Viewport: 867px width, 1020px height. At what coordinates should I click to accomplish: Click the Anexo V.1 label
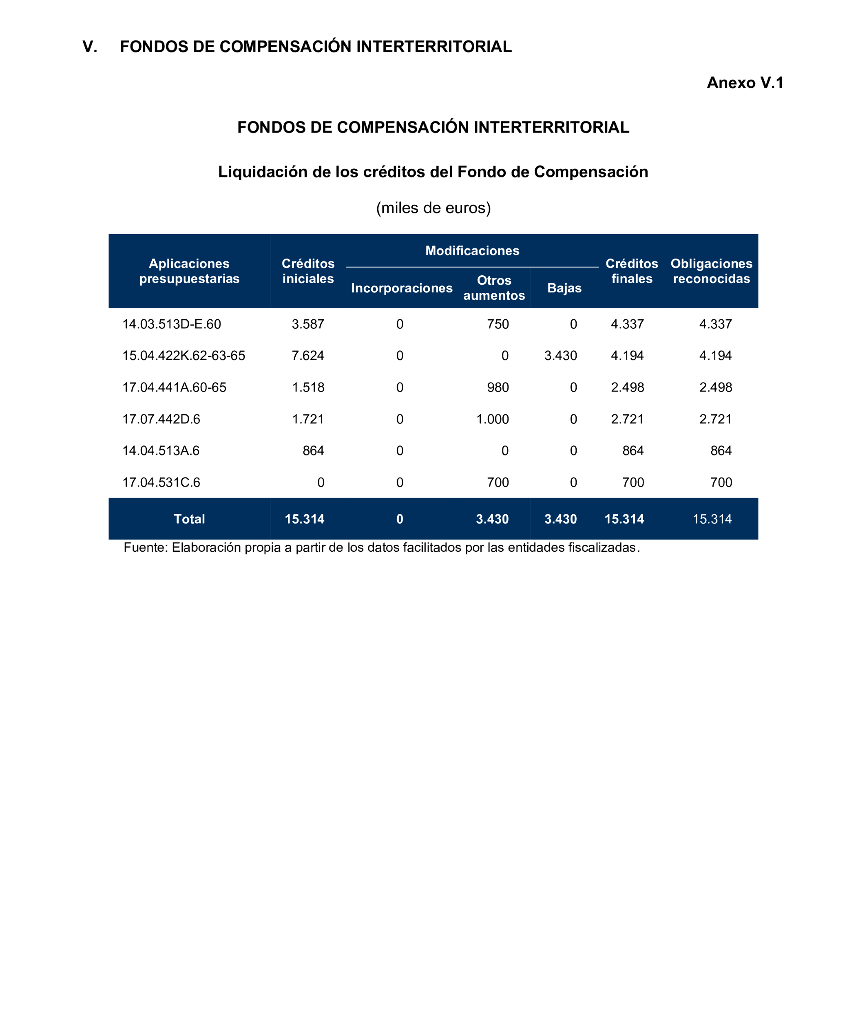744,82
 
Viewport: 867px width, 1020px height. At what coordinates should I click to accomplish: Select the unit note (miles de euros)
433,208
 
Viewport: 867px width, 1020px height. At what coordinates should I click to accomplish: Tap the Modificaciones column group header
472,251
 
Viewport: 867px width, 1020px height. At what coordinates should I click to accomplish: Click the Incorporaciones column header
402,288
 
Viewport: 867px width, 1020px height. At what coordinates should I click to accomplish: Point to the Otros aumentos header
494,288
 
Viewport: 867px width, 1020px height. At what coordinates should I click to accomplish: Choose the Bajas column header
564,288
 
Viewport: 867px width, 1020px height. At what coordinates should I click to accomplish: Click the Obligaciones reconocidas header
711,271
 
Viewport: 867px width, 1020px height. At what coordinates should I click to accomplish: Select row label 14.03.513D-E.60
172,324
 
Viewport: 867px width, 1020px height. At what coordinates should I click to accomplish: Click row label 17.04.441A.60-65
174,387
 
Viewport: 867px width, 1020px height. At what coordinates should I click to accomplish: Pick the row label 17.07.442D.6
161,419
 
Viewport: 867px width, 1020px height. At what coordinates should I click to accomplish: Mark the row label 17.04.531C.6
161,482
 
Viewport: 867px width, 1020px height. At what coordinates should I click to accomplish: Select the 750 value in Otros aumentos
498,324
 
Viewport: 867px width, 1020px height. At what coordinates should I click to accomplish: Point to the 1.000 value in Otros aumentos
493,419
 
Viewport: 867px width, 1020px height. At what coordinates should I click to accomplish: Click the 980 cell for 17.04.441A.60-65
498,387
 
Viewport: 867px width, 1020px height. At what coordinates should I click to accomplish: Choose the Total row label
189,519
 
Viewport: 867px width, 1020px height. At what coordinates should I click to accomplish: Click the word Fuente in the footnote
145,548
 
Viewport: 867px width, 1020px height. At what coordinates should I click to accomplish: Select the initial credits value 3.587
307,324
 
